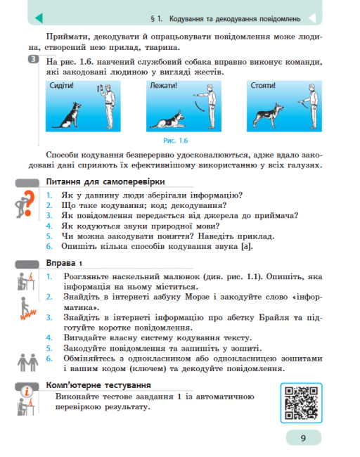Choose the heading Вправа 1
pyautogui.click(x=65, y=263)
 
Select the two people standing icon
pyautogui.click(x=25, y=361)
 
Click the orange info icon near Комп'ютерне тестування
pyautogui.click(x=26, y=398)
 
